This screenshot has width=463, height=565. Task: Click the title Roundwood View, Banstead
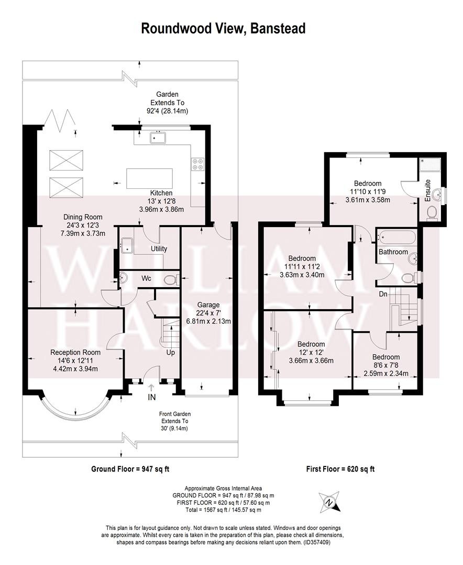pos(223,28)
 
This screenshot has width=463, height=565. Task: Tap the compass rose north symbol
pos(329,502)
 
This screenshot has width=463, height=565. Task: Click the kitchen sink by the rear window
pos(157,138)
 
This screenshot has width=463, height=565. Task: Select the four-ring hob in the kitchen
pos(198,164)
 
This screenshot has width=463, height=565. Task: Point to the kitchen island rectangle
pos(149,178)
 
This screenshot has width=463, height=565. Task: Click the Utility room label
pos(159,248)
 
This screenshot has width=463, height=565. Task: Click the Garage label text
pos(208,305)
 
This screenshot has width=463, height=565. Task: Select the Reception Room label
pos(75,352)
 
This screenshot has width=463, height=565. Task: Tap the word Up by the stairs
pos(171,352)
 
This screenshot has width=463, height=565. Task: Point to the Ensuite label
pos(427,190)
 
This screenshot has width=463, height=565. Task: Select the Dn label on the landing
pos(383,294)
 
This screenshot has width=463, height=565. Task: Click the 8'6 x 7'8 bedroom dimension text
pos(386,365)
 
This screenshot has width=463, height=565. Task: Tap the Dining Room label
pos(83,217)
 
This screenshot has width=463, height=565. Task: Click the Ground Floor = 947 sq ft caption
pos(130,469)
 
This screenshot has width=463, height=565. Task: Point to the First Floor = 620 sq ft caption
pos(340,469)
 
